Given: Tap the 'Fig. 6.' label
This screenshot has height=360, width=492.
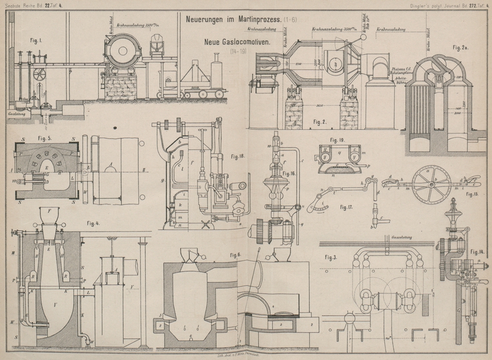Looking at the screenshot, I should [237, 255].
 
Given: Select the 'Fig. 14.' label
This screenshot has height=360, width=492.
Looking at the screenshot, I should [477, 252].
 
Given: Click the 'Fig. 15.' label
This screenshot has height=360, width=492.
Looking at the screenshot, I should [472, 193].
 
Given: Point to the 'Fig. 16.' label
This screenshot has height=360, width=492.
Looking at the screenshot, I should [289, 174].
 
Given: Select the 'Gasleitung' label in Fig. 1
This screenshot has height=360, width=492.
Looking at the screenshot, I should [15, 113].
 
